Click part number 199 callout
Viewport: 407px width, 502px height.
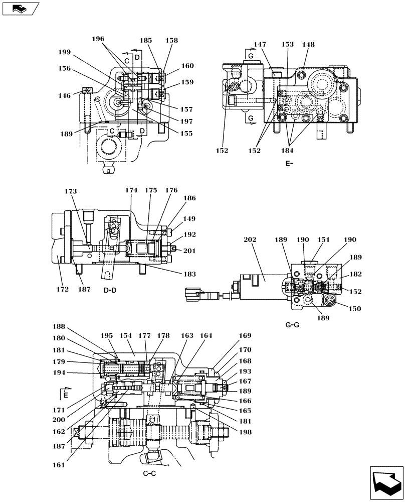(x=64, y=52)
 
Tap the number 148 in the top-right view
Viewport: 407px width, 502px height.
(x=308, y=45)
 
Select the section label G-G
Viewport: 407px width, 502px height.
(x=292, y=325)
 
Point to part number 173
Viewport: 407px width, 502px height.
(x=71, y=191)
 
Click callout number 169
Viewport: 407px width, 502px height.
(x=245, y=335)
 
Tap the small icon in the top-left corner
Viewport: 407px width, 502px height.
(x=19, y=8)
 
